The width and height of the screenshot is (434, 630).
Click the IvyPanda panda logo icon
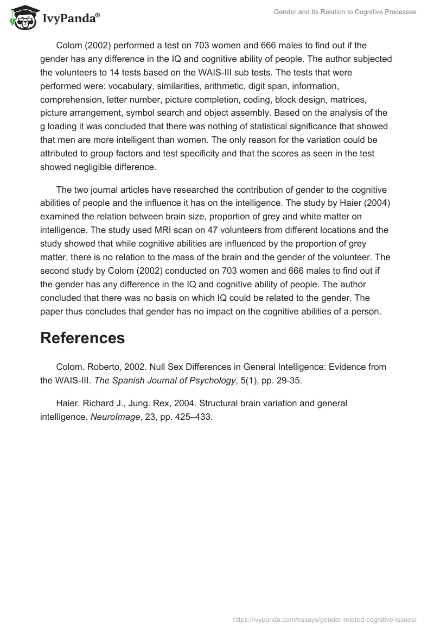[22, 17]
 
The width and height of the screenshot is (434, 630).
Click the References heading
[82, 338]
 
